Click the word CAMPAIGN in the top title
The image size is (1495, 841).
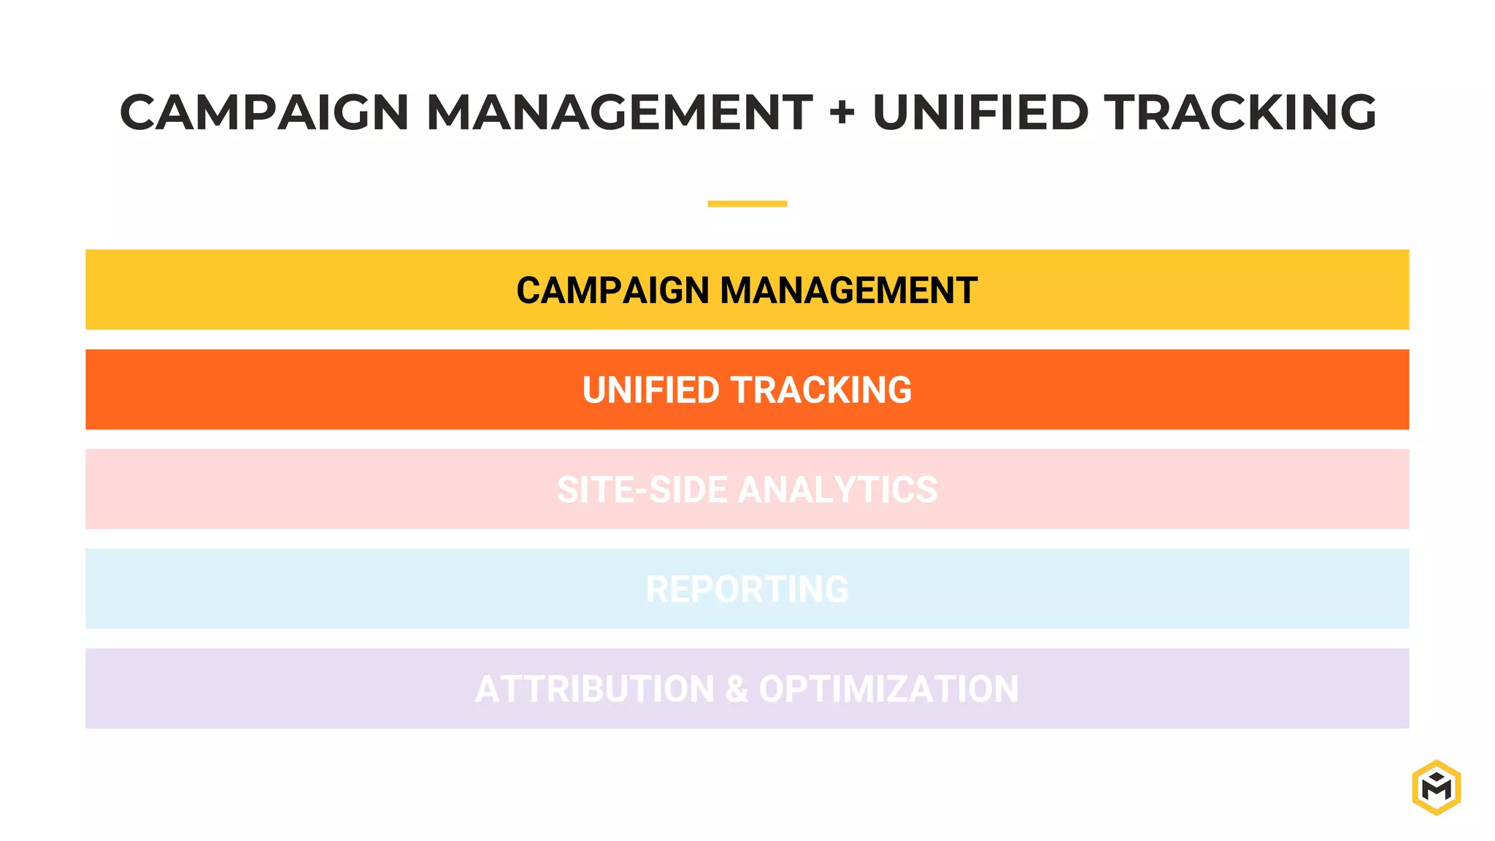click(x=264, y=112)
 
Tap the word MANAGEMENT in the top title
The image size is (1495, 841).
click(x=619, y=112)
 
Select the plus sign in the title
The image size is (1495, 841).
click(x=842, y=112)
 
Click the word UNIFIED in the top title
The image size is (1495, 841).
click(x=980, y=112)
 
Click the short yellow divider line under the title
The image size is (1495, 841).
click(x=747, y=204)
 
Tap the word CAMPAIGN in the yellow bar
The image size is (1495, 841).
click(x=612, y=291)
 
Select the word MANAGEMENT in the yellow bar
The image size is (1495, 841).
click(x=849, y=291)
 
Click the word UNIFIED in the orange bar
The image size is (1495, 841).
click(x=650, y=390)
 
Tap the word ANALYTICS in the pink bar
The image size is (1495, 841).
click(x=838, y=490)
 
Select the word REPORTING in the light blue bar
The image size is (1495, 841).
click(x=747, y=589)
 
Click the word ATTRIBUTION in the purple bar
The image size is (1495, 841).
click(x=595, y=689)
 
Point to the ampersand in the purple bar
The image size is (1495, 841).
click(x=737, y=689)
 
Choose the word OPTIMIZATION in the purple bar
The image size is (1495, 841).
click(x=888, y=689)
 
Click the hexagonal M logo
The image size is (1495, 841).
click(x=1436, y=787)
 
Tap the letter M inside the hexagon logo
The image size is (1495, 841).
click(x=1436, y=789)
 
